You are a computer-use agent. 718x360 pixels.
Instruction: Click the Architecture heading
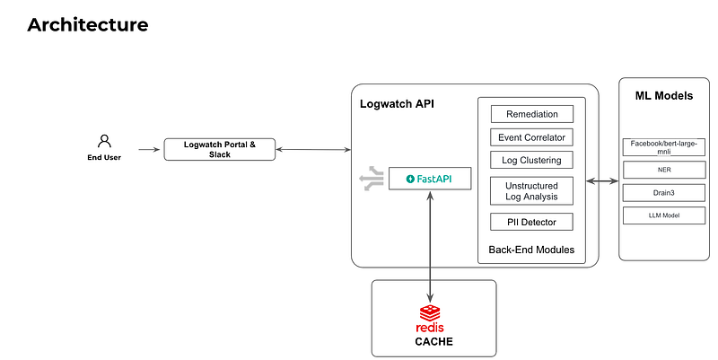coord(87,24)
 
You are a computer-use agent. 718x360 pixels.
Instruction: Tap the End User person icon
coord(104,141)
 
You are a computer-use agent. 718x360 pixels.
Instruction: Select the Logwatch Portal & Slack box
coord(219,149)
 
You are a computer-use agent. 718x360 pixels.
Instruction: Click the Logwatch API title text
coord(396,105)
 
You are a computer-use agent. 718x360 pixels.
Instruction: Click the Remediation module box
coord(531,114)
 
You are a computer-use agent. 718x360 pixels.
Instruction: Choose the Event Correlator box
coord(531,137)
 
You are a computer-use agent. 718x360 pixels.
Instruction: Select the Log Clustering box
coord(531,160)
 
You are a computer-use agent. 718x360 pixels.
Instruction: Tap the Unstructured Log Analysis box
coord(531,190)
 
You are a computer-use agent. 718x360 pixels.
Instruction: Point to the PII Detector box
coord(531,222)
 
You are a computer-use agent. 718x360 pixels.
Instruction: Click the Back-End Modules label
coord(531,249)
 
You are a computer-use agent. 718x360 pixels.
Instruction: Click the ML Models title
coord(663,95)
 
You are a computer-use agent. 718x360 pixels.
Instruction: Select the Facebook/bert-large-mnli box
coord(663,145)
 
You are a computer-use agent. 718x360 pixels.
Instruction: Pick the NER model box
coord(663,168)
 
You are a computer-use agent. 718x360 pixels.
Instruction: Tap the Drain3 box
coord(663,191)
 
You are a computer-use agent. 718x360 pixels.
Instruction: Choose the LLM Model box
coord(663,215)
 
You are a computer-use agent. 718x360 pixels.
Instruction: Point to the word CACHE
coord(433,341)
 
